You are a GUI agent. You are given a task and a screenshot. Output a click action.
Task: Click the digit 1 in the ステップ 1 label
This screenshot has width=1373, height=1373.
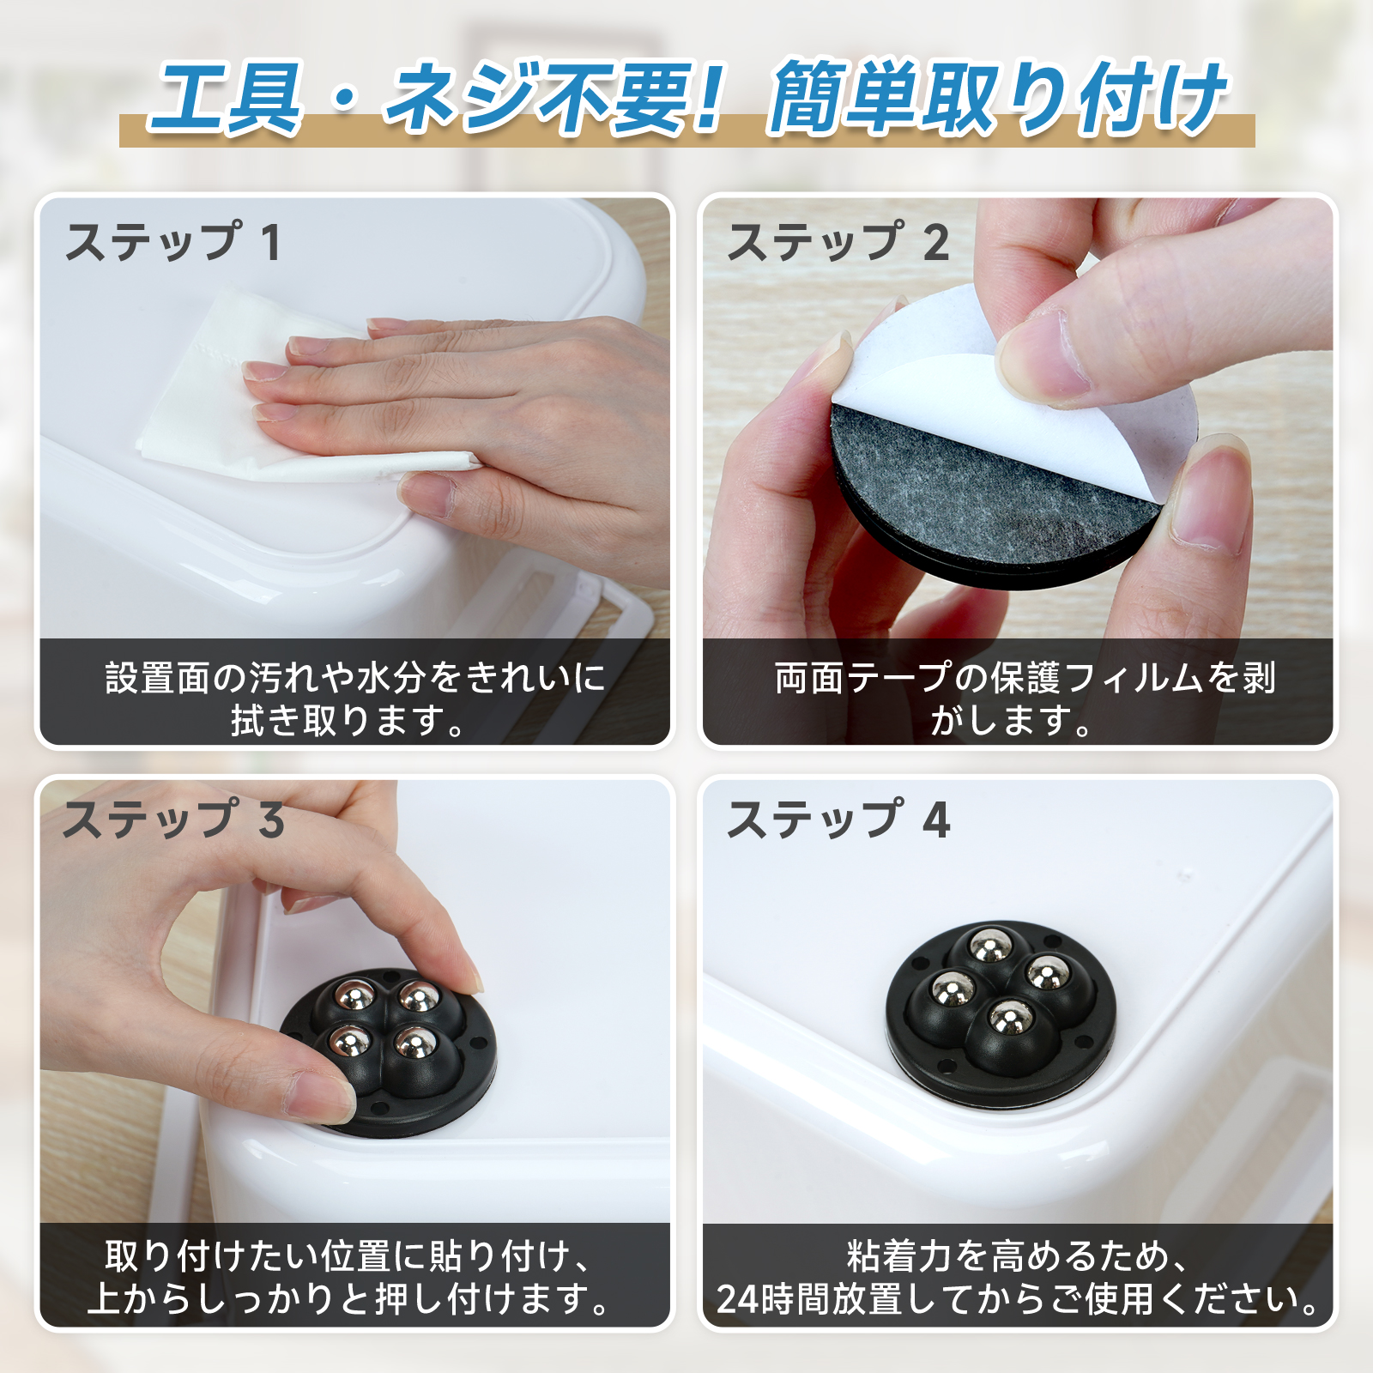click(x=271, y=243)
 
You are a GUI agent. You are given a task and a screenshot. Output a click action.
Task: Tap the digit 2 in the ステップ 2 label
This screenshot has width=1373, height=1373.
click(x=936, y=243)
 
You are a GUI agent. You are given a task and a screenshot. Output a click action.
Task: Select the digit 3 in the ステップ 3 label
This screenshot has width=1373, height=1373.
click(x=272, y=820)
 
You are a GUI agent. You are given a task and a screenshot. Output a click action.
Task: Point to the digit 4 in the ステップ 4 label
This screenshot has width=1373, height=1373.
click(x=936, y=820)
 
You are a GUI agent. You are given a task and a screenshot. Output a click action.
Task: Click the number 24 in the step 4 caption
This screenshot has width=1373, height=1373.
click(x=738, y=1299)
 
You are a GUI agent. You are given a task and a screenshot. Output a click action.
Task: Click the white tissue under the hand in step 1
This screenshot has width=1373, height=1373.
click(x=257, y=395)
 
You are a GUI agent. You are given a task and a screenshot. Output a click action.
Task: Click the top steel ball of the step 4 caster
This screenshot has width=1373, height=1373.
click(x=989, y=947)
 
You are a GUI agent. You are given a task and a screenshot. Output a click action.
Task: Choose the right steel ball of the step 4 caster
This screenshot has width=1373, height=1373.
click(x=1048, y=974)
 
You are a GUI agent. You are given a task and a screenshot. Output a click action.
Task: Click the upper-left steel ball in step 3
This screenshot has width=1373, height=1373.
click(x=354, y=994)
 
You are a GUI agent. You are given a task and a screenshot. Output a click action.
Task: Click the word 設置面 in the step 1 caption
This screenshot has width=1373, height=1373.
click(x=158, y=678)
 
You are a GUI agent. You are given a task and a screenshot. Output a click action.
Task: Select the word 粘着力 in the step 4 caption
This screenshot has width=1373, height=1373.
click(x=900, y=1256)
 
